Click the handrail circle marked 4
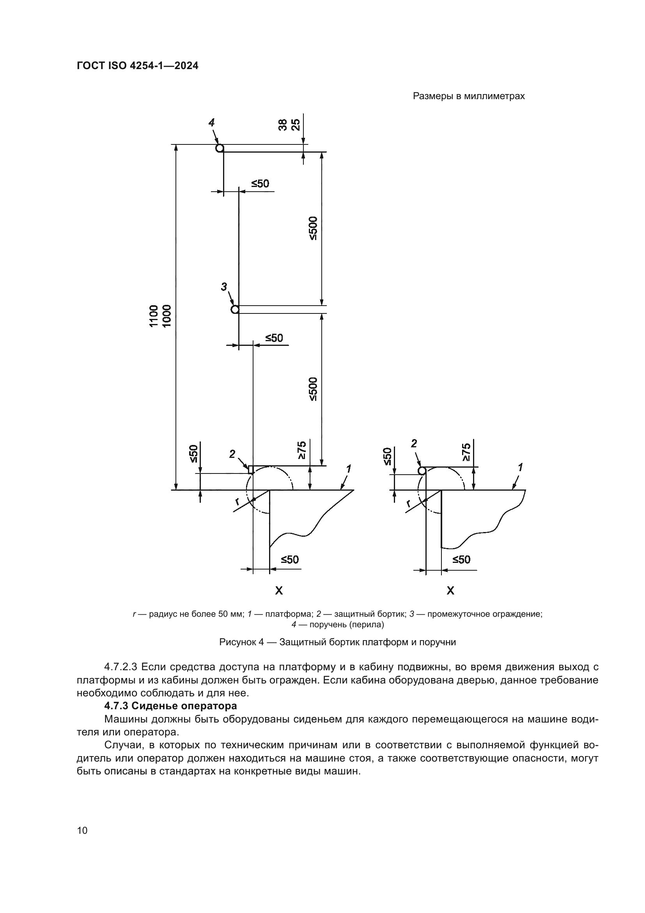point(220,148)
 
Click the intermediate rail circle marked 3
point(235,310)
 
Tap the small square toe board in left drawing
point(251,470)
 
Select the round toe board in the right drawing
point(422,471)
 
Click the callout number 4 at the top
point(212,123)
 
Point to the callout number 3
point(224,286)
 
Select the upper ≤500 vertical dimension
point(313,228)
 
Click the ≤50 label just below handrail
point(260,184)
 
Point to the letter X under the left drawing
point(279,591)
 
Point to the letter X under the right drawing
point(450,591)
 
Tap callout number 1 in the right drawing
point(520,467)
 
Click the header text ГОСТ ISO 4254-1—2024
point(137,66)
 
